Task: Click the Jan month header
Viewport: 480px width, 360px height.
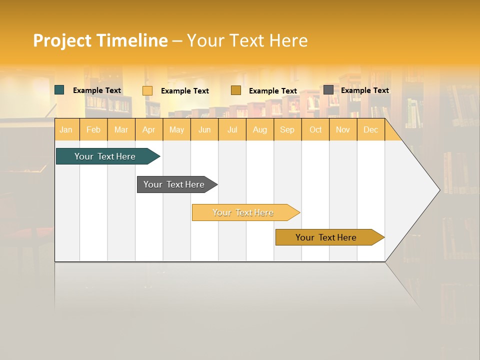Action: click(66, 130)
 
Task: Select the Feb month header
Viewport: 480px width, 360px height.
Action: click(93, 130)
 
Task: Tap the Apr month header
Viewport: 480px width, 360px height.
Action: click(149, 130)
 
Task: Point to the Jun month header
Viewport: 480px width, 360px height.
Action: click(204, 130)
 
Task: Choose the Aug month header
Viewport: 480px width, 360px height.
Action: click(260, 130)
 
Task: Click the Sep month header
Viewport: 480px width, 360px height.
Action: click(287, 130)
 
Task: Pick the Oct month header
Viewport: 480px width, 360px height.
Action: click(315, 130)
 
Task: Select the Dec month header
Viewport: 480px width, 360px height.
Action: click(370, 130)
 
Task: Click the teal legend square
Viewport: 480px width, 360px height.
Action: click(59, 90)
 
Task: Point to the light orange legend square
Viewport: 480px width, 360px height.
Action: click(147, 90)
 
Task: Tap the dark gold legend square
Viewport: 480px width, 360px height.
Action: click(236, 90)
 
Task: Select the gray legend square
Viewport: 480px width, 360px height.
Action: click(328, 90)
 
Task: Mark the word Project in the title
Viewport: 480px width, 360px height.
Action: click(62, 41)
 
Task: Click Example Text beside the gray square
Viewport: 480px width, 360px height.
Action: click(364, 90)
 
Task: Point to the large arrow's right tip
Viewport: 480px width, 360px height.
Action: click(439, 190)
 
